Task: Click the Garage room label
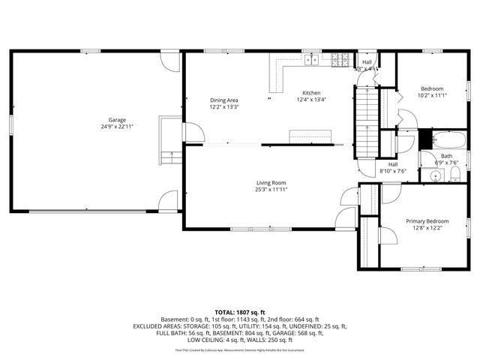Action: point(116,120)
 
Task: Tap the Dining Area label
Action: point(223,100)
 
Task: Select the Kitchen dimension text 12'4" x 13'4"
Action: point(311,100)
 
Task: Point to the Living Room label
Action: point(271,182)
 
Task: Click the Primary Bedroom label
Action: point(427,221)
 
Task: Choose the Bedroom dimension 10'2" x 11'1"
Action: point(432,95)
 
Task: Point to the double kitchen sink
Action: point(312,58)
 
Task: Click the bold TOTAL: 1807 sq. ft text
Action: point(240,311)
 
